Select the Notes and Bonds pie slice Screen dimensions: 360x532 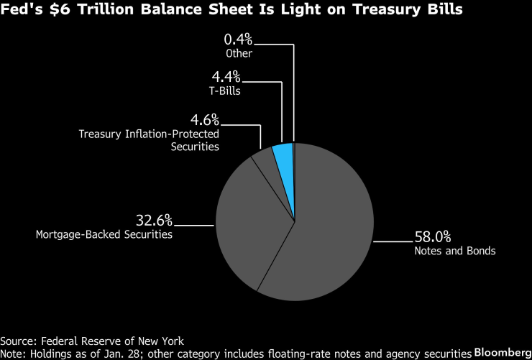pos(331,223)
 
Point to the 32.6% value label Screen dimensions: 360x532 pos(154,219)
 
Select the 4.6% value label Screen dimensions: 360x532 pos(205,119)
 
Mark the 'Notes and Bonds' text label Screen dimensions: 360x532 pos(454,251)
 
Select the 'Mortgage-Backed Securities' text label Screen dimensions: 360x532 pos(104,234)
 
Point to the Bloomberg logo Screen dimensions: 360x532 pos(502,353)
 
